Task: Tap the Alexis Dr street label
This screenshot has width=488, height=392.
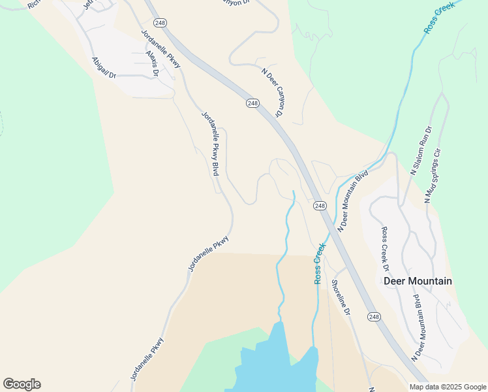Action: (x=153, y=63)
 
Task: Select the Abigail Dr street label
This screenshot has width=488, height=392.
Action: (x=104, y=67)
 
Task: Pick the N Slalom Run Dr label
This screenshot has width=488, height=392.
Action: (x=421, y=151)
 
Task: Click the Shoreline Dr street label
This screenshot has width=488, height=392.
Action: (x=341, y=297)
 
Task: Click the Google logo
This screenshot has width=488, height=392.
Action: (x=22, y=384)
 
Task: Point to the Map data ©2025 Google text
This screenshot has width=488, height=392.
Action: (x=448, y=387)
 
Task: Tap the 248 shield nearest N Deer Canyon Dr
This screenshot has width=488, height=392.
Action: (x=253, y=103)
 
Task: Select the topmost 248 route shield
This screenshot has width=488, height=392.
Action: (x=161, y=23)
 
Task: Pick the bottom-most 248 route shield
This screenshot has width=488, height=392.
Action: (x=373, y=317)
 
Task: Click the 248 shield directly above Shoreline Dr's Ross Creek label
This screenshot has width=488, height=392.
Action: (x=319, y=206)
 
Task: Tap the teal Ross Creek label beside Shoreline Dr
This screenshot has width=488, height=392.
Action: (x=320, y=263)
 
